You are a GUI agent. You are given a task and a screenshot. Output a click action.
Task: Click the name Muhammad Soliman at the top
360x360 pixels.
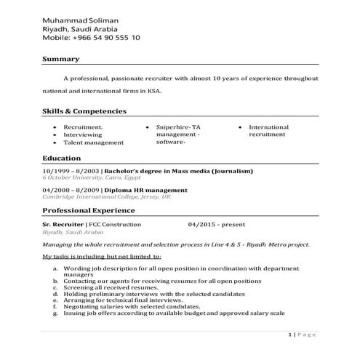click(81, 18)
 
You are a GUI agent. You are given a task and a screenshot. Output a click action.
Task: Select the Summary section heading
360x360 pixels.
click(60, 58)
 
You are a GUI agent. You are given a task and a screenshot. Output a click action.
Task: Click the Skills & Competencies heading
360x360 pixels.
click(84, 111)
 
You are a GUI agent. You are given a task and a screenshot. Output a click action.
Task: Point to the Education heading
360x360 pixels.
click(62, 157)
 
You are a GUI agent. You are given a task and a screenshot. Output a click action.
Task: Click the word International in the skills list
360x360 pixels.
click(268, 127)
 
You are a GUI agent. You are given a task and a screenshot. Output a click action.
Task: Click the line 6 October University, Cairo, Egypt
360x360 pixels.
click(92, 177)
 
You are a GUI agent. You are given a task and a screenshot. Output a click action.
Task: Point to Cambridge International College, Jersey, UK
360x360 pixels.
click(106, 196)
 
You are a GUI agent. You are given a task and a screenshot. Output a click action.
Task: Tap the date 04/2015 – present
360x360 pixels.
click(216, 225)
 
